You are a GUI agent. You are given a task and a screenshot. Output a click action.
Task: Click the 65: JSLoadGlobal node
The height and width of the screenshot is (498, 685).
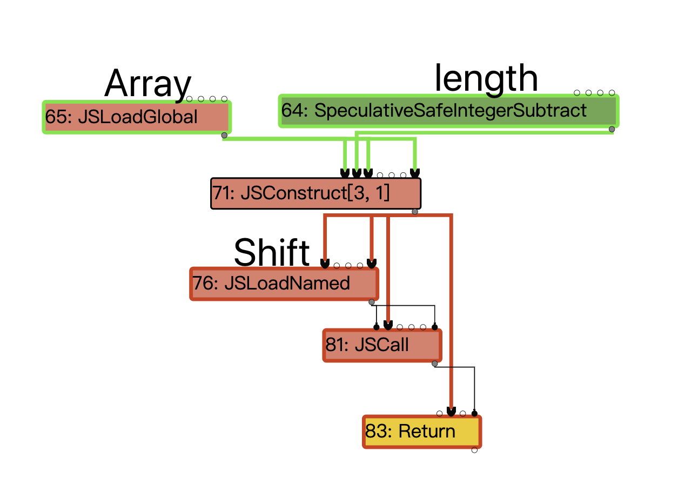point(137,117)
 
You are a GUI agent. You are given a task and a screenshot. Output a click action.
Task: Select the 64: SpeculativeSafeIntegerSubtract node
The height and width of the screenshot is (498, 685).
point(448,111)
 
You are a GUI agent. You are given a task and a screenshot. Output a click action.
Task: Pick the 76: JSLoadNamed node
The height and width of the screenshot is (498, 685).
point(284,283)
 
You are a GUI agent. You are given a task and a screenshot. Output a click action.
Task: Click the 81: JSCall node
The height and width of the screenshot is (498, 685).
point(382,345)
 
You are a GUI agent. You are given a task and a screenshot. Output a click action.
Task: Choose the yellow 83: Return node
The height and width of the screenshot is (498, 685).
point(421,432)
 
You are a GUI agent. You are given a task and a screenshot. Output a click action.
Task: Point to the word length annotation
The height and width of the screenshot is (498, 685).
point(486,78)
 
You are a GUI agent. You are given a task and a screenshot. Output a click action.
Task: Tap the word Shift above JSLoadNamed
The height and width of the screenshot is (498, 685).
point(272,252)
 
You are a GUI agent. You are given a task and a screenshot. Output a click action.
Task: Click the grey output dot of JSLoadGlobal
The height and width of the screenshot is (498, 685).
point(224,135)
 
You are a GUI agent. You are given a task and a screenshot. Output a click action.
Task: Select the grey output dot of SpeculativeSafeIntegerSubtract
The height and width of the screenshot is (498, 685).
point(612,129)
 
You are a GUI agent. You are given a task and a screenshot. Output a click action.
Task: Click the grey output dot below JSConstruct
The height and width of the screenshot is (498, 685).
point(414,211)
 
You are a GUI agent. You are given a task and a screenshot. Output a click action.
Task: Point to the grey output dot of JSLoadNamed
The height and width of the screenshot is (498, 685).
point(372,301)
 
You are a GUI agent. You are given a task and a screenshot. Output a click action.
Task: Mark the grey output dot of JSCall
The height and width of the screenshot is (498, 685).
point(435,364)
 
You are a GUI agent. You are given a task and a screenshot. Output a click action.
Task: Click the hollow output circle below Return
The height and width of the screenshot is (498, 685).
point(474,450)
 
